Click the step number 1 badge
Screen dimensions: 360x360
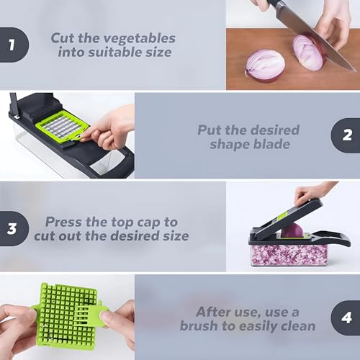point(12,44)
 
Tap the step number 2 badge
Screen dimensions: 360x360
point(345,135)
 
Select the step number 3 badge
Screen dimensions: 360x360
point(12,228)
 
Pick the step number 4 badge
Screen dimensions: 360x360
point(345,318)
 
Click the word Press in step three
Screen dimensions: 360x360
point(64,222)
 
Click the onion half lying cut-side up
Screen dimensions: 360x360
point(264,63)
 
